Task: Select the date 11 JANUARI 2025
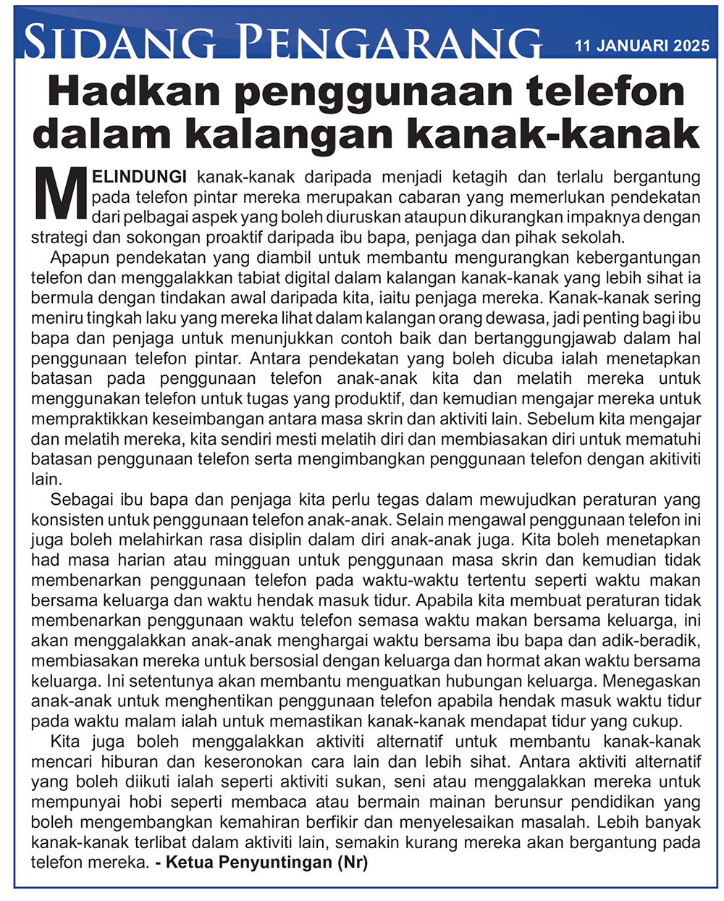coord(642,46)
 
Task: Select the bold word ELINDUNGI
coord(140,177)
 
